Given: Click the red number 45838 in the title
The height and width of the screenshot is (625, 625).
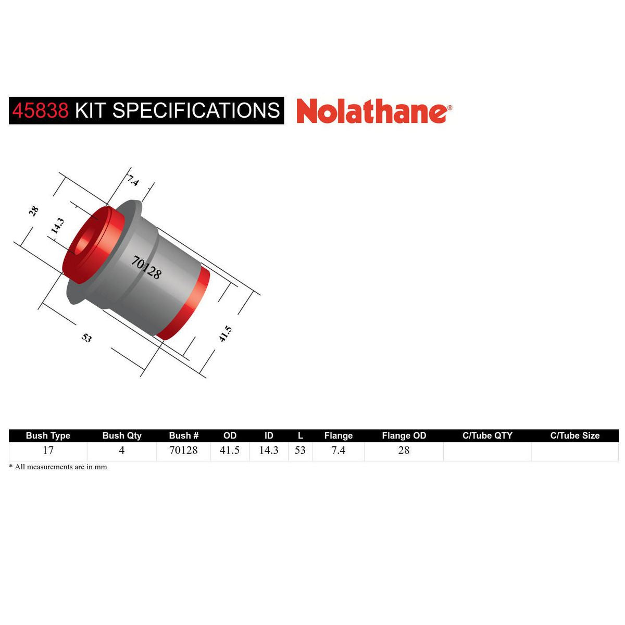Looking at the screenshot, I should pyautogui.click(x=40, y=110).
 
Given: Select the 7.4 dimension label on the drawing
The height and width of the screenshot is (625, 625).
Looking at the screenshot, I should pyautogui.click(x=133, y=181).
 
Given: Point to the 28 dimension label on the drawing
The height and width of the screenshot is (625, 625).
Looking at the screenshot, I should pyautogui.click(x=34, y=211).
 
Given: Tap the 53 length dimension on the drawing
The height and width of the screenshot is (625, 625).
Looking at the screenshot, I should pyautogui.click(x=86, y=338).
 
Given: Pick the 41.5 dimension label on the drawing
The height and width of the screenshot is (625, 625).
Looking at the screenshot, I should pyautogui.click(x=225, y=334).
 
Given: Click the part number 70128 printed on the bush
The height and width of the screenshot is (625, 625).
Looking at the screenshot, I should pyautogui.click(x=146, y=267).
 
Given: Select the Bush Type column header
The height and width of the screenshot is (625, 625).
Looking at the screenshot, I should pyautogui.click(x=48, y=435).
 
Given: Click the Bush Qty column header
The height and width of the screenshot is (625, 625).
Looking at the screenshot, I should pyautogui.click(x=122, y=435).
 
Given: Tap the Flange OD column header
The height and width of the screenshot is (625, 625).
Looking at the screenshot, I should pyautogui.click(x=404, y=435).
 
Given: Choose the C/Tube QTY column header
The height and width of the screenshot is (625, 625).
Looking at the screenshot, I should pyautogui.click(x=488, y=435).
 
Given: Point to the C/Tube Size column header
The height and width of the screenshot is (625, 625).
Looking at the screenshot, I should pyautogui.click(x=575, y=435).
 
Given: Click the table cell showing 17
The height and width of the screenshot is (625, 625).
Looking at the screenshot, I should pyautogui.click(x=48, y=451).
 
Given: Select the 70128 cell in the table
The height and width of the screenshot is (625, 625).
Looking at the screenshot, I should pyautogui.click(x=183, y=451).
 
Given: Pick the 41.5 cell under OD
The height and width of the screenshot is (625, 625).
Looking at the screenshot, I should pyautogui.click(x=230, y=451).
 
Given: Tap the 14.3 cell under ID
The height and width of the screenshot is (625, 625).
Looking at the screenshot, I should pyautogui.click(x=269, y=451).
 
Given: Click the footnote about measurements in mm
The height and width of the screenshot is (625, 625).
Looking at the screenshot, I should pyautogui.click(x=58, y=467).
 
